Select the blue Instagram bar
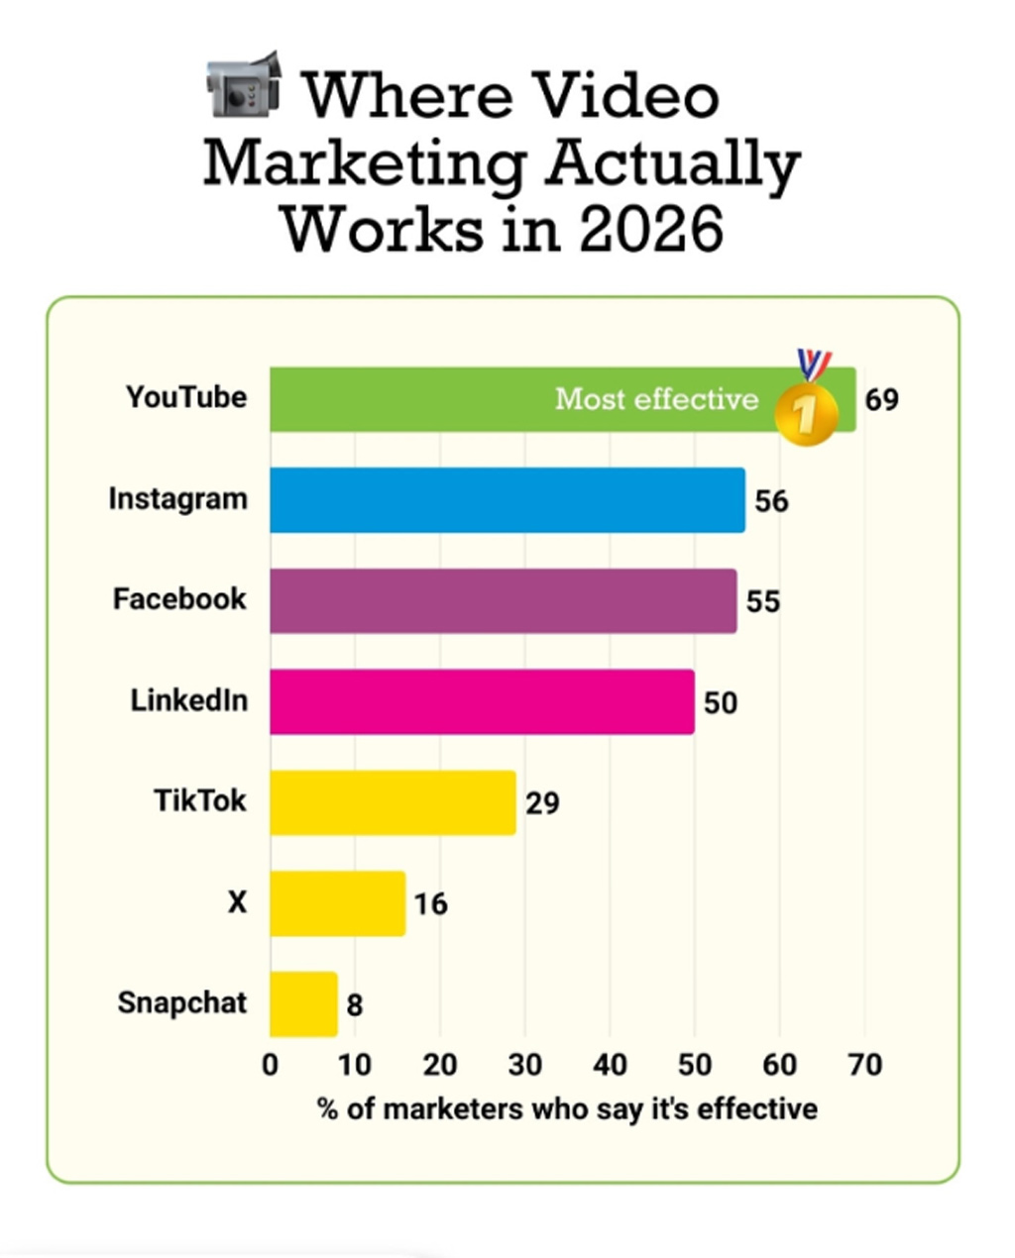pos(507,500)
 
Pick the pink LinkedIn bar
pos(482,702)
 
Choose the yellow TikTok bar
pos(393,802)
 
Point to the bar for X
pos(337,903)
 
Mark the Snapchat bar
pos(303,1004)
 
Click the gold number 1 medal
pos(806,409)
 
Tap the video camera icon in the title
pos(244,86)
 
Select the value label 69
pos(881,400)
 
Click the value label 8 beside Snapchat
pos(355,1005)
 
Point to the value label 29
pos(542,803)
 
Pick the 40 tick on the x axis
pos(610,1065)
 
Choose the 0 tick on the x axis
pos(270,1065)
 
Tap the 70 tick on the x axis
pos(864,1065)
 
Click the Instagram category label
pos(178,498)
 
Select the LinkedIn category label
pos(188,700)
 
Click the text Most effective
pos(656,399)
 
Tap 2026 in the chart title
pos(651,229)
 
